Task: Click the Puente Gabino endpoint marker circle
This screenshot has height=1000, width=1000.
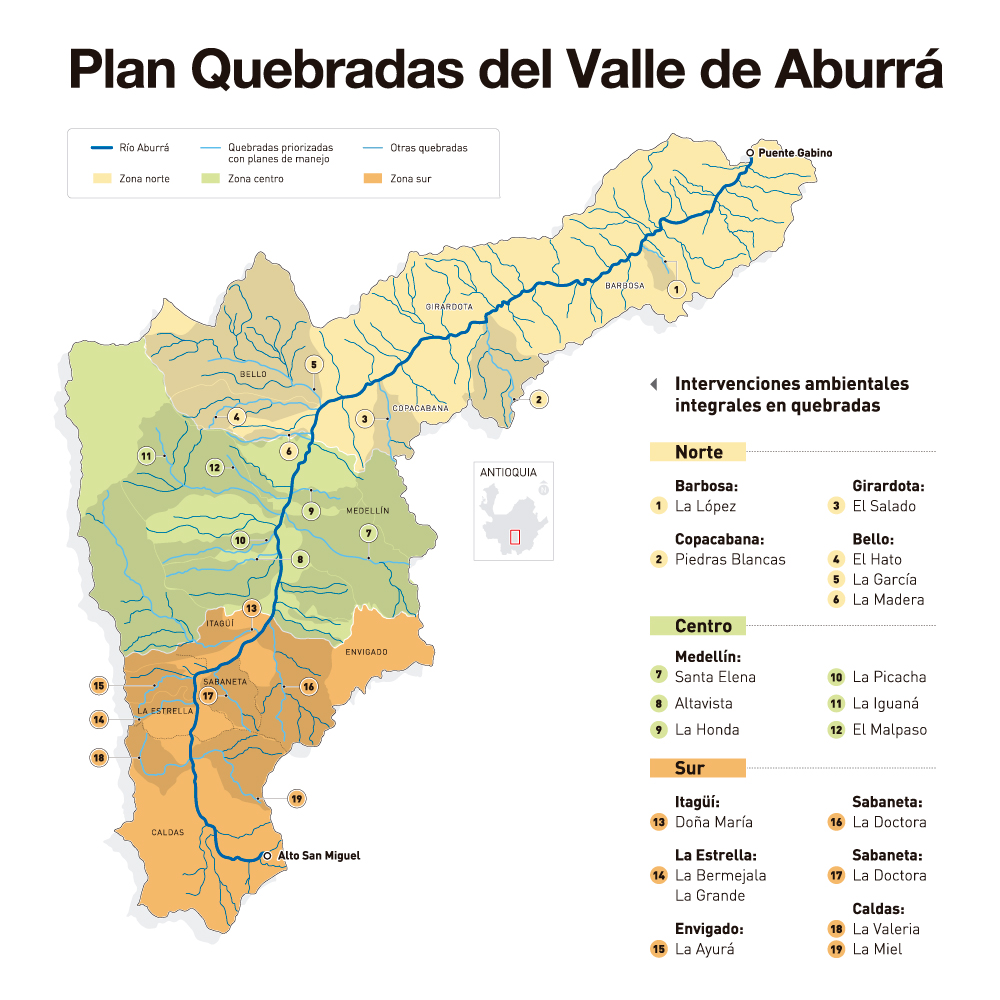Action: click(x=750, y=153)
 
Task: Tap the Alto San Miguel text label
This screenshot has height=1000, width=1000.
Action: click(x=318, y=856)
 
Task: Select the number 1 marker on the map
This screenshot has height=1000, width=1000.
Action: click(x=676, y=289)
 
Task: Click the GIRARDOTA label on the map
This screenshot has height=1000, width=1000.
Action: click(x=448, y=307)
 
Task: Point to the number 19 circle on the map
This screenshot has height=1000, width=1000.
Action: click(x=296, y=798)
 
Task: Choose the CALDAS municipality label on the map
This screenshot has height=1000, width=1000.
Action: click(x=167, y=832)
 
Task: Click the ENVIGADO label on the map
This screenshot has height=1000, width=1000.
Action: click(x=366, y=652)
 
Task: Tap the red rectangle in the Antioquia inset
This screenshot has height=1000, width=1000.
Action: click(x=515, y=536)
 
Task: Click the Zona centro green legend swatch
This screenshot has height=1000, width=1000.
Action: click(x=211, y=179)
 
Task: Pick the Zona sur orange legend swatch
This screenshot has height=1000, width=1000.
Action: click(x=374, y=179)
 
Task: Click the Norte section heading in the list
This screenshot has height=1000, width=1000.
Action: click(x=698, y=452)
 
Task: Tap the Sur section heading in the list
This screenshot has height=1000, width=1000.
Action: click(x=689, y=768)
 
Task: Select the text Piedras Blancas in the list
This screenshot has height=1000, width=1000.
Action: click(x=730, y=559)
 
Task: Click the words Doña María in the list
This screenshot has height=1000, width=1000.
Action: click(x=713, y=822)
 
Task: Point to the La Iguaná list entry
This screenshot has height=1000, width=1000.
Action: click(x=885, y=703)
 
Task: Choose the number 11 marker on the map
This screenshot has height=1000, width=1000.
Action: click(x=146, y=456)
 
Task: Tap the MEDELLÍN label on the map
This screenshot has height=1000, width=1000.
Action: click(x=367, y=510)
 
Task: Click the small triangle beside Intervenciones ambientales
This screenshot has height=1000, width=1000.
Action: click(x=654, y=384)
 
